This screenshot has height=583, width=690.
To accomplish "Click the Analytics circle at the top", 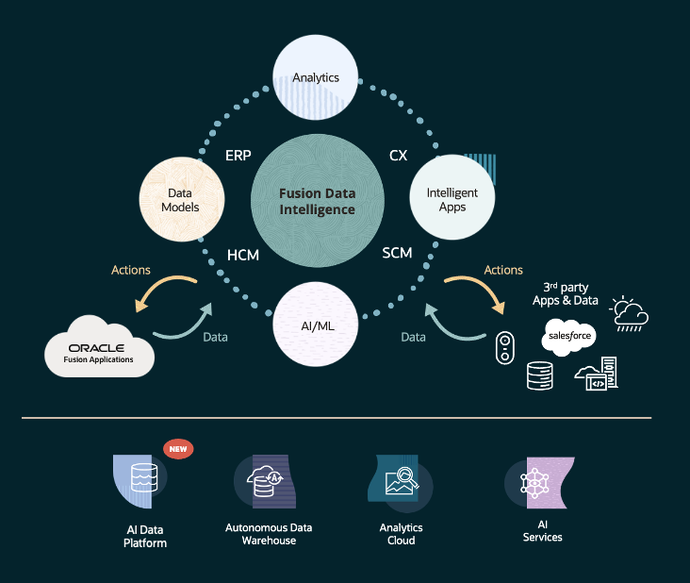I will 316,77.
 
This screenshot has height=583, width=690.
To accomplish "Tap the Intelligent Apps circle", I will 452,199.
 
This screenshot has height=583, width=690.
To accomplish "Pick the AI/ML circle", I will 316,324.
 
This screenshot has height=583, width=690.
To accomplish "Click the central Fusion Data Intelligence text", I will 317,201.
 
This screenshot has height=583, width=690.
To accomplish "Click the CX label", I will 398,155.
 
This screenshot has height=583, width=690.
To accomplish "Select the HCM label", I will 244,254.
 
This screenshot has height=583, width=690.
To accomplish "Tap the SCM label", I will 398,253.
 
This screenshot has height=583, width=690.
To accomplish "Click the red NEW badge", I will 178,449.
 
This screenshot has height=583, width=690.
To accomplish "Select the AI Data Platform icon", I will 138,480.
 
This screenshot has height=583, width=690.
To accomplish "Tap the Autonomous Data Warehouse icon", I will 268,482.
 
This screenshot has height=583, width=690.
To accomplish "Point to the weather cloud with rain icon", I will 629,314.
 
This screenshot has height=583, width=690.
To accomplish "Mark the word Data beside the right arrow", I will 413,336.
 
